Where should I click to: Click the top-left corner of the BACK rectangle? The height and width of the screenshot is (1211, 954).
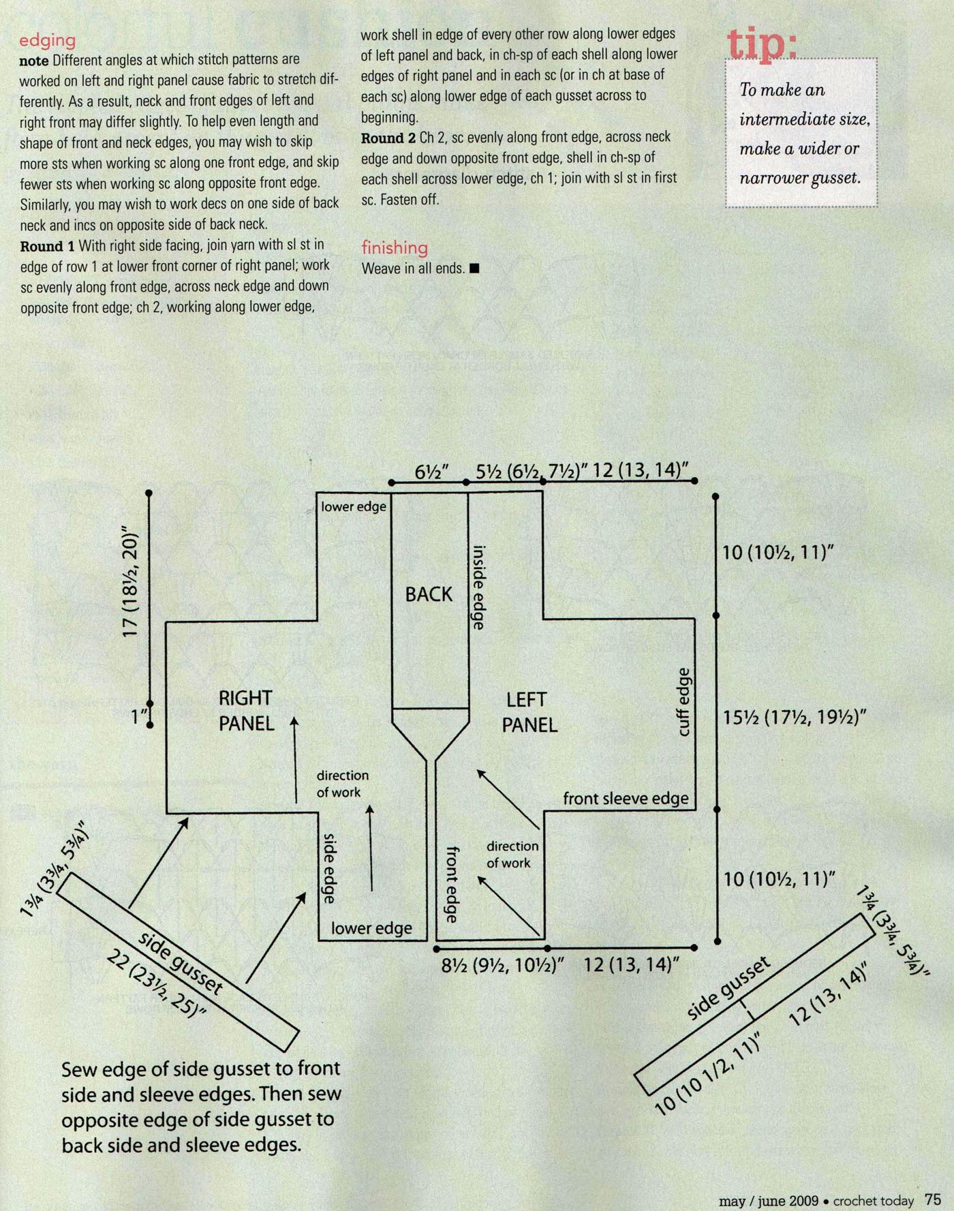tap(392, 492)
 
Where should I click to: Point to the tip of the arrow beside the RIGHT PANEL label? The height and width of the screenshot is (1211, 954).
tap(295, 717)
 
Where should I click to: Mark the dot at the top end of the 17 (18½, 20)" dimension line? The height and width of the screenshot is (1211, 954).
tap(149, 492)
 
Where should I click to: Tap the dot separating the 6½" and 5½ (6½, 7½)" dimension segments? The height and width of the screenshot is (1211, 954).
tap(467, 482)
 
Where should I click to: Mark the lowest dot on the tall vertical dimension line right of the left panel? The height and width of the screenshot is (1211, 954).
tap(718, 941)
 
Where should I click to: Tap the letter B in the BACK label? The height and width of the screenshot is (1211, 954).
tap(411, 595)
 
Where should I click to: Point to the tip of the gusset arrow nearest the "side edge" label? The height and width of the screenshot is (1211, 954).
tap(305, 893)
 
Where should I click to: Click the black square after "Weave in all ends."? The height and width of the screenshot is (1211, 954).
tap(475, 269)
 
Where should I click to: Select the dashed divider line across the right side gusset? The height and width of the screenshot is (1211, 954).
tap(748, 1011)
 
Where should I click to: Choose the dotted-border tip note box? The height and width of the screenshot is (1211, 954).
tap(801, 133)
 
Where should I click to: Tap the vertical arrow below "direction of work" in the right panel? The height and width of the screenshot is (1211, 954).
tap(371, 848)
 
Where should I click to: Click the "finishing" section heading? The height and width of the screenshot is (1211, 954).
tap(395, 247)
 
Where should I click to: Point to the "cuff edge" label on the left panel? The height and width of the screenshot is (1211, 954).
tap(684, 702)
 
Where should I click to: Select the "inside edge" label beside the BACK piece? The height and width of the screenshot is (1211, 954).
tap(478, 587)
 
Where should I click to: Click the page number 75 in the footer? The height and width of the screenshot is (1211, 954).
tap(932, 1199)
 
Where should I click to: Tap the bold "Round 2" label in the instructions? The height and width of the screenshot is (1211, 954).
tap(388, 138)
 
